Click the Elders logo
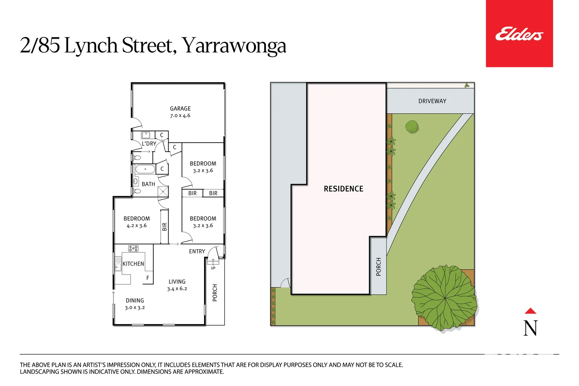point(519,34)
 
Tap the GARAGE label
point(180,109)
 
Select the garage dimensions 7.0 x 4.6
point(180,116)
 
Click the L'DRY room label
point(149,144)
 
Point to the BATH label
point(148,184)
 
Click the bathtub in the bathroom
point(145,169)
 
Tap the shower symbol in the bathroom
point(163,192)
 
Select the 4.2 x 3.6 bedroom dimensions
point(137,226)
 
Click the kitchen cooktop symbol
point(133,248)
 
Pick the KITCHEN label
point(133,264)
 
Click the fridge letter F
point(148,278)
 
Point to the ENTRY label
point(197,251)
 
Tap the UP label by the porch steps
point(213,268)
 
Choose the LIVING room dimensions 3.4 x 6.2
point(177,289)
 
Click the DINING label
point(135,301)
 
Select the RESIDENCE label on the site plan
point(343,189)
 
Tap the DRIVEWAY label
point(432,101)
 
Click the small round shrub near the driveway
point(412,127)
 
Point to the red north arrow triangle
point(531,311)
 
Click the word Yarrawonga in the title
point(234,46)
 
